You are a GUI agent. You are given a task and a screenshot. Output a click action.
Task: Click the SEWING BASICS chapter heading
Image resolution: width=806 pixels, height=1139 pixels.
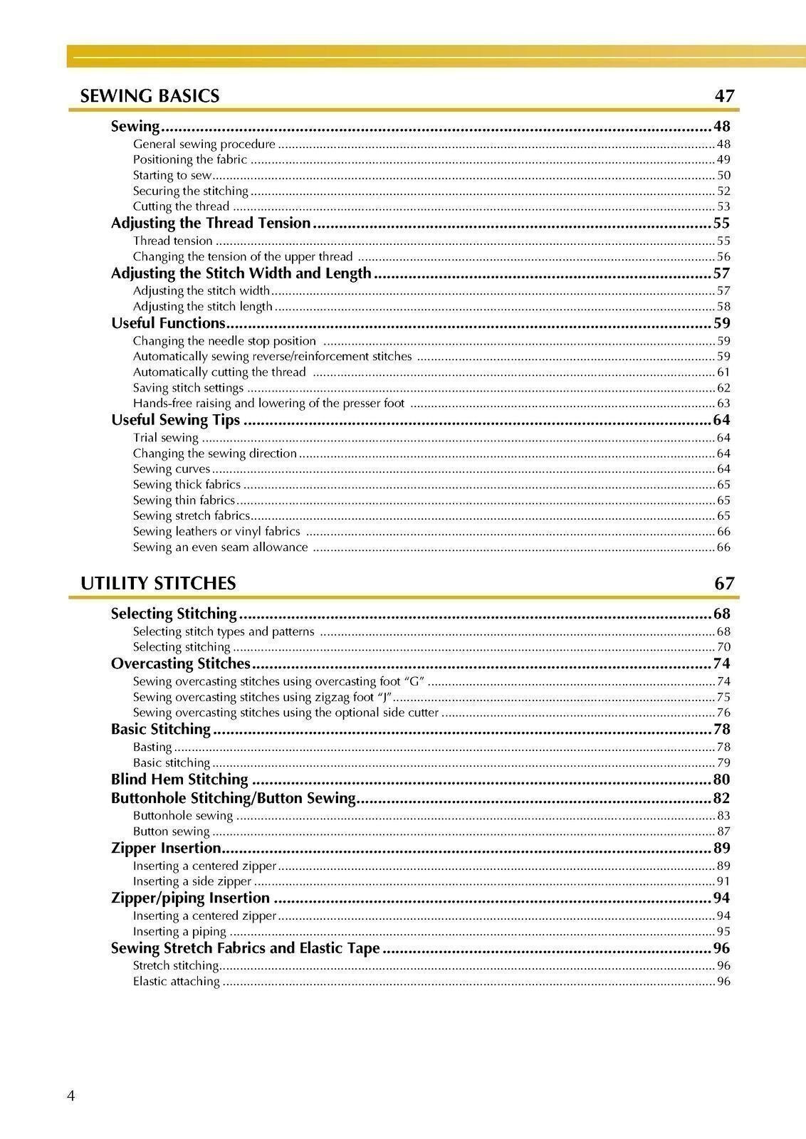tap(150, 96)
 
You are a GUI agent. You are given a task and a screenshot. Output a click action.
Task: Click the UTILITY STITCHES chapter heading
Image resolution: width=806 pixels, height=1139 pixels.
tap(158, 584)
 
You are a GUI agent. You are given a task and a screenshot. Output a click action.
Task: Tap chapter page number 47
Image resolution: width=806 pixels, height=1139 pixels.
tap(724, 96)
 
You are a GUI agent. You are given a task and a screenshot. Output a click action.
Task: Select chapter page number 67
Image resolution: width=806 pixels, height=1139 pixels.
tap(724, 584)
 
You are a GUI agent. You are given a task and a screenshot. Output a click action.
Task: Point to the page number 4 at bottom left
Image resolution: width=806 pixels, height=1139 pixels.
tap(70, 1096)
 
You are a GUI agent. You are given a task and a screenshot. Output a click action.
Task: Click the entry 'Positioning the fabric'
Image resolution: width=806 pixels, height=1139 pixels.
tap(190, 159)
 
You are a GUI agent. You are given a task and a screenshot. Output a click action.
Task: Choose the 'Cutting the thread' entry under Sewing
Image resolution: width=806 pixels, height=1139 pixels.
tap(181, 206)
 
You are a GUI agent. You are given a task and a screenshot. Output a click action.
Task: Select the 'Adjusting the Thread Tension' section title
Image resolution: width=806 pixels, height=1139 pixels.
tap(211, 224)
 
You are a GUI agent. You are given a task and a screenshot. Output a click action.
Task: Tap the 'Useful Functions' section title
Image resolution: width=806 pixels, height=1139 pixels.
tap(168, 323)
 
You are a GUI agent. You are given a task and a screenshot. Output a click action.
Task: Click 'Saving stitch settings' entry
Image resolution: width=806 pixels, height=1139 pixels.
tap(188, 388)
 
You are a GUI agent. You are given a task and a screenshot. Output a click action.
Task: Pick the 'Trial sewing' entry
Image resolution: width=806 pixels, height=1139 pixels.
tap(165, 438)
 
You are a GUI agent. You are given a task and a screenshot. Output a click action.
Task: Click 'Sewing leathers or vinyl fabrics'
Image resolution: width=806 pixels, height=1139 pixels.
tap(216, 532)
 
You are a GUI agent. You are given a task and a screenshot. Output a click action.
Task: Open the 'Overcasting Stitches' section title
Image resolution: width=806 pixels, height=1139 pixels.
tap(181, 664)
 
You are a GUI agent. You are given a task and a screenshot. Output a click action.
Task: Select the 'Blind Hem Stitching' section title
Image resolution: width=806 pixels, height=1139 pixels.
tap(179, 780)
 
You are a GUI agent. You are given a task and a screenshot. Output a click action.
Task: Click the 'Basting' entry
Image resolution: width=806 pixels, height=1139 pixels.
tap(152, 747)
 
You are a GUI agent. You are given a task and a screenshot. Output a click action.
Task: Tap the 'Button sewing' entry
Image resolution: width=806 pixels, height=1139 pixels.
tap(171, 831)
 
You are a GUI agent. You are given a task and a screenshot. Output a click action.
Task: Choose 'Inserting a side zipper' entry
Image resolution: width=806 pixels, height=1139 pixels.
tap(192, 881)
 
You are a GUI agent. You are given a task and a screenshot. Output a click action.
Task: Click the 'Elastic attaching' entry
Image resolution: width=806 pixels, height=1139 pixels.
tap(176, 982)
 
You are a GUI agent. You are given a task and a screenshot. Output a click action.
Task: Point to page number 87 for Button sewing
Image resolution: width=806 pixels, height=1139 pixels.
tap(723, 831)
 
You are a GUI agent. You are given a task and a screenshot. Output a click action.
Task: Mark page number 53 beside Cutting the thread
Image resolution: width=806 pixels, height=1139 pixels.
tap(723, 206)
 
